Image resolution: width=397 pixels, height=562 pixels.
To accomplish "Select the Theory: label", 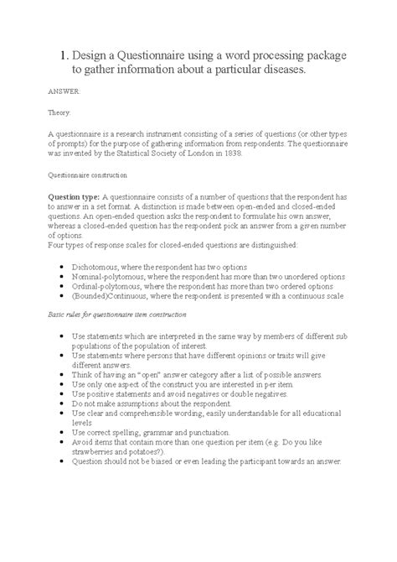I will [60, 113].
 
